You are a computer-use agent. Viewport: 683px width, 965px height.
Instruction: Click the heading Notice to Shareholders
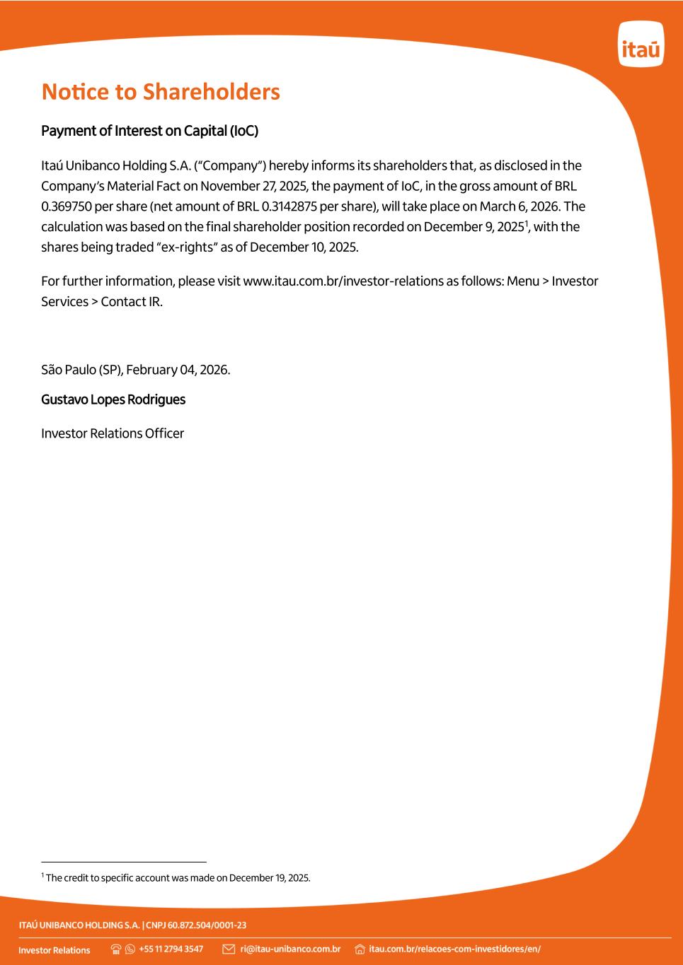pyautogui.click(x=161, y=92)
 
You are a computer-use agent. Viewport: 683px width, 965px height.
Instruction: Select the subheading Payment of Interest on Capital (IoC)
pyautogui.click(x=149, y=131)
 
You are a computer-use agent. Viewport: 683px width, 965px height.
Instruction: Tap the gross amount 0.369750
pyautogui.click(x=67, y=206)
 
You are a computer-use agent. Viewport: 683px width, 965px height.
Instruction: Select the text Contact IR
pyautogui.click(x=132, y=302)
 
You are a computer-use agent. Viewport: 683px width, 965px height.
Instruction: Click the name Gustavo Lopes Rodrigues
pyautogui.click(x=113, y=399)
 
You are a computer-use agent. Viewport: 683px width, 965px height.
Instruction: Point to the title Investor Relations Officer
pyautogui.click(x=113, y=433)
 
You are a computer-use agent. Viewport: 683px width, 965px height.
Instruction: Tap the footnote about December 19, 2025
pyautogui.click(x=177, y=878)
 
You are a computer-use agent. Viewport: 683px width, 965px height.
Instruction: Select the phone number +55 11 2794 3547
pyautogui.click(x=171, y=949)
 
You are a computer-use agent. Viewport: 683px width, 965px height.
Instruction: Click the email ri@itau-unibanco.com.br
pyautogui.click(x=290, y=949)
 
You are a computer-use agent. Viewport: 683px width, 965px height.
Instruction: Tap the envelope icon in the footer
pyautogui.click(x=229, y=949)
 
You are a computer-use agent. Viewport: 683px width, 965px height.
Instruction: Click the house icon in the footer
pyautogui.click(x=360, y=949)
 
